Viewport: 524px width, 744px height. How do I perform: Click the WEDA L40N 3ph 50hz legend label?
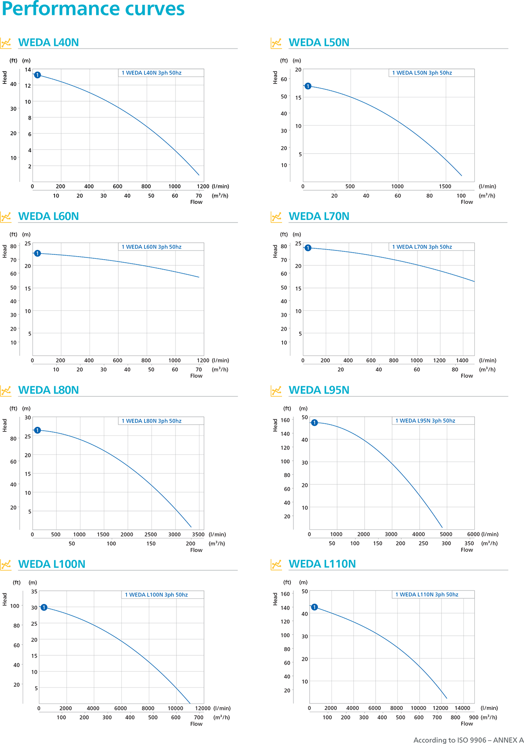(x=152, y=73)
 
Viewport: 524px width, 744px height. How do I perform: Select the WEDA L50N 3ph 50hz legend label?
(x=422, y=73)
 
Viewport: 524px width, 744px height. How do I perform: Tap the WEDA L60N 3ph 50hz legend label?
(x=152, y=247)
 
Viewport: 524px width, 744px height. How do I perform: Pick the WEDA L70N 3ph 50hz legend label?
(x=422, y=247)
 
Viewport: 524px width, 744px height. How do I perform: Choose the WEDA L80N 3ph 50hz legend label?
(x=152, y=421)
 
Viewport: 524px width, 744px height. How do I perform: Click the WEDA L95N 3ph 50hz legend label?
(x=425, y=421)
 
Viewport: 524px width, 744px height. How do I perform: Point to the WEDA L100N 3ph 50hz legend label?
(x=156, y=595)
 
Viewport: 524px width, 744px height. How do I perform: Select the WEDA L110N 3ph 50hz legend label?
(x=427, y=594)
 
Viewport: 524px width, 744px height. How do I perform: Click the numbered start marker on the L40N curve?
(x=38, y=75)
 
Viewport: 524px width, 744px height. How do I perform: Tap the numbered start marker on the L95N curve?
(x=314, y=423)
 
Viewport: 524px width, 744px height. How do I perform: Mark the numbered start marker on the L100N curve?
(x=44, y=607)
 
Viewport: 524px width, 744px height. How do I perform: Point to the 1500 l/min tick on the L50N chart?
(x=445, y=186)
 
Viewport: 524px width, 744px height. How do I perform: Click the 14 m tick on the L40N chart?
(x=28, y=70)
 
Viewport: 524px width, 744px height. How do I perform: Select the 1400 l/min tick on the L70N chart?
(x=462, y=360)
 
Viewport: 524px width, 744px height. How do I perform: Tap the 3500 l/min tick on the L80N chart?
(x=198, y=535)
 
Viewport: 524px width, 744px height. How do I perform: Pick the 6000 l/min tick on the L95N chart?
(x=473, y=534)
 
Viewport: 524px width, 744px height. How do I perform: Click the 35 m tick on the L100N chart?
(x=34, y=592)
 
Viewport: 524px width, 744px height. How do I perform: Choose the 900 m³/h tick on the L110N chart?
(x=474, y=717)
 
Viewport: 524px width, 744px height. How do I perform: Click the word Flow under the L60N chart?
(x=196, y=376)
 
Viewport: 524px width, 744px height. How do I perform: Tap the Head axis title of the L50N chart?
(x=275, y=77)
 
